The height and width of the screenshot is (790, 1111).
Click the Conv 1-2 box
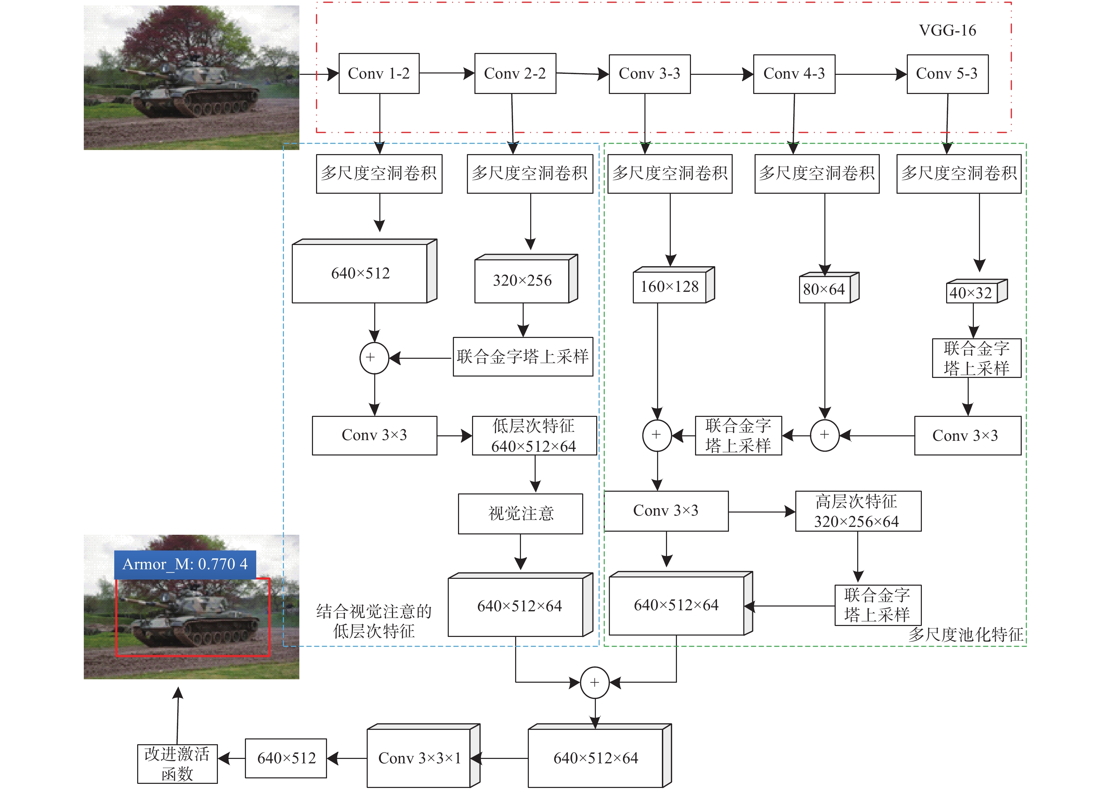pos(379,73)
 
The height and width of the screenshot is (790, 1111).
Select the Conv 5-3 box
pos(947,74)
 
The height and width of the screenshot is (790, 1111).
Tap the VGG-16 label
pos(947,30)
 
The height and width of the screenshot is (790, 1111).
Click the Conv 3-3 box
pos(650,74)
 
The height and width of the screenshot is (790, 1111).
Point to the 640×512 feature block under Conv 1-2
pos(364,271)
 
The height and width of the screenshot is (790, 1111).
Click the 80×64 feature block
pos(829,287)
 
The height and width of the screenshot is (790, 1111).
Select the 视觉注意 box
pos(521,514)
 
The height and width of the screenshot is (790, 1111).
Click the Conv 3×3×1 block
pos(423,755)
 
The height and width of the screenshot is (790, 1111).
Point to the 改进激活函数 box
pos(177,764)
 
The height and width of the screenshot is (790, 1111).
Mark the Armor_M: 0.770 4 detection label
pos(185,564)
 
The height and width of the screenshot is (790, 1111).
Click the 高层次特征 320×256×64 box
pos(858,511)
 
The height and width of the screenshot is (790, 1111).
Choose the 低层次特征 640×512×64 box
pos(534,436)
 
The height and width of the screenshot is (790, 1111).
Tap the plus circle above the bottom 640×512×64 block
pos(594,682)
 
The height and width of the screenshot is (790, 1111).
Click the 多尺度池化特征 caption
pos(965,634)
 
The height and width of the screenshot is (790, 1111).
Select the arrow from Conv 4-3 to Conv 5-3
pos(871,74)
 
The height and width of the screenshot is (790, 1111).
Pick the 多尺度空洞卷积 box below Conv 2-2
pos(530,174)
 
